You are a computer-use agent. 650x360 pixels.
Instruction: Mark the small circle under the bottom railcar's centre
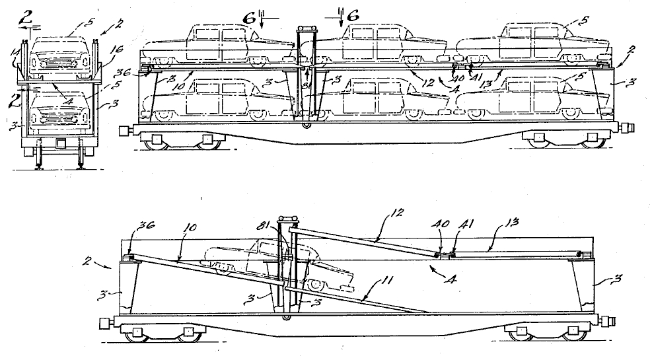pos(286,318)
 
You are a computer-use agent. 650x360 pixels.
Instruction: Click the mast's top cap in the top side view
pos(307,27)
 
